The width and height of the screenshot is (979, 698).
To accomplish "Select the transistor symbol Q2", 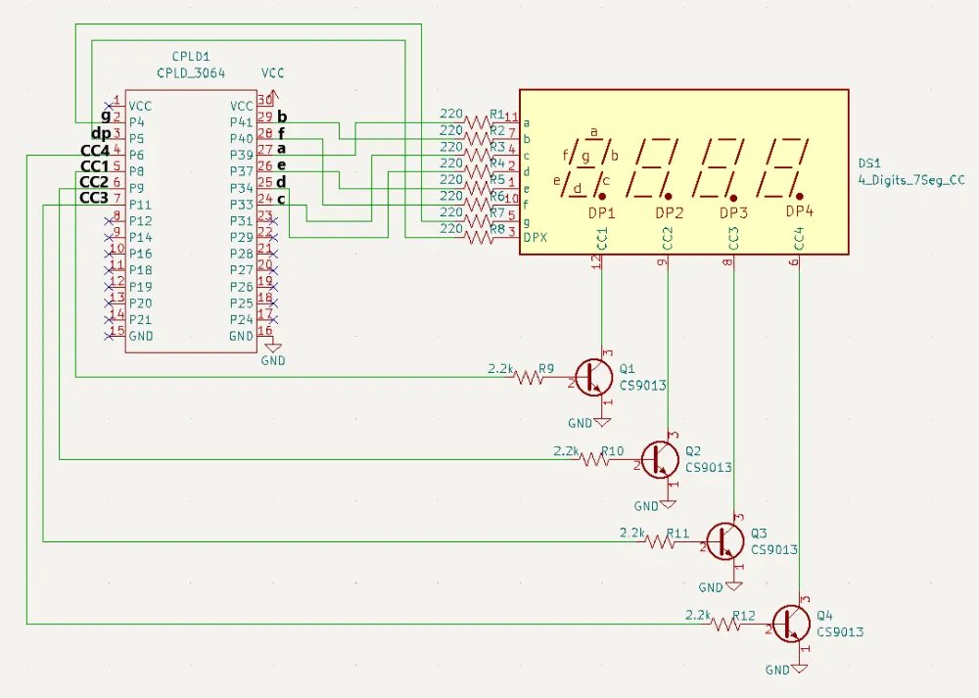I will pos(660,458).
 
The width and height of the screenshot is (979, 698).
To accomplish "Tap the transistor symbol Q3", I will pos(725,540).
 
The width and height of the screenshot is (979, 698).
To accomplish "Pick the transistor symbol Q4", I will pos(791,624).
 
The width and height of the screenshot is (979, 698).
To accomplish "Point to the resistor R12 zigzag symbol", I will pos(726,624).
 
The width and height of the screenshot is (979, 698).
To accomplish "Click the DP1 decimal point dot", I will pos(602,197).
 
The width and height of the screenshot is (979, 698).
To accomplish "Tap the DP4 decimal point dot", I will pos(800,197).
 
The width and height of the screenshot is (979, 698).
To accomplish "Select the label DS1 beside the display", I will pos(870,163).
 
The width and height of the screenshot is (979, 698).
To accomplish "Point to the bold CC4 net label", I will pos(94,150).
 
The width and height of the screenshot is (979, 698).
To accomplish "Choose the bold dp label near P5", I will pos(101,133).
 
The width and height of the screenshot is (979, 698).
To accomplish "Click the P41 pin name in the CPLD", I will pos(241,122).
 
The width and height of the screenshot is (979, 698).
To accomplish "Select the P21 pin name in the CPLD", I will pos(141,319).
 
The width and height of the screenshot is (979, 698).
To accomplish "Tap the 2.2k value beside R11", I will pos(632,534).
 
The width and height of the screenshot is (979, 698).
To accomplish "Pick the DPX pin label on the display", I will pos(535,238).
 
